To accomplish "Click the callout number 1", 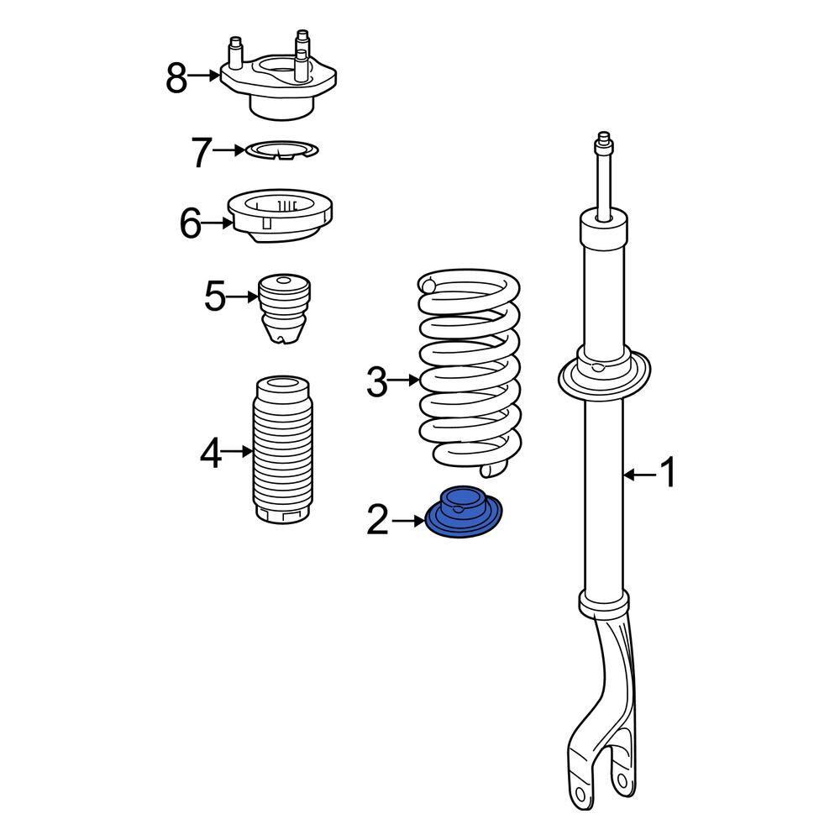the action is click(668, 472).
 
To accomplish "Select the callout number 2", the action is click(378, 519).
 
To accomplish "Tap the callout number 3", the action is click(377, 381).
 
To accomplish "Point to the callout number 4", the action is click(211, 453).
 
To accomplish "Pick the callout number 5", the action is click(215, 297).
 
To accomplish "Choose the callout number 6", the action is click(190, 223).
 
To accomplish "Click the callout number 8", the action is click(176, 78).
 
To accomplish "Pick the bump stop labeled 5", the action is click(284, 308).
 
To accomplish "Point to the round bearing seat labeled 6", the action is click(281, 215).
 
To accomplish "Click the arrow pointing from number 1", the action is click(639, 474).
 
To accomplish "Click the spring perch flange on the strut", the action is click(605, 380).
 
